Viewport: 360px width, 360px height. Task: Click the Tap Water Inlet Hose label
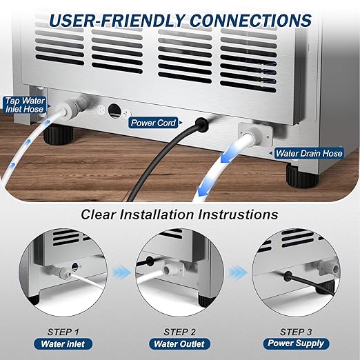click(24, 105)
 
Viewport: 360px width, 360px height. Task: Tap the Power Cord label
click(154, 123)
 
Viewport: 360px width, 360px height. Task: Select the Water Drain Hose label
click(309, 153)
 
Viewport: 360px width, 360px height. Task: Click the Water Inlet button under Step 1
click(63, 344)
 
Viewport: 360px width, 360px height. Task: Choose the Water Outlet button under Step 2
click(179, 344)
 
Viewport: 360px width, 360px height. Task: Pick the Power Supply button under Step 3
click(296, 343)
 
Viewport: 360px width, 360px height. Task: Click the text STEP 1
click(63, 332)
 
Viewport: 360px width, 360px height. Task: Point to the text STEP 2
click(179, 332)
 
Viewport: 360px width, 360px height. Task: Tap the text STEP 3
click(296, 332)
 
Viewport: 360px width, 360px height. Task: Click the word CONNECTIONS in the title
click(250, 21)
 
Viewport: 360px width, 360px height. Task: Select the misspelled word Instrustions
click(238, 214)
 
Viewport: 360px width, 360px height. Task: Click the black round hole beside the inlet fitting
click(114, 111)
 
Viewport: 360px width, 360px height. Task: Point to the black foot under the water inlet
click(59, 136)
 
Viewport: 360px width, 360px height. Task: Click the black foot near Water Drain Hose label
click(302, 177)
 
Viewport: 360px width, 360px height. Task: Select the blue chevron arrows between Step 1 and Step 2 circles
click(121, 272)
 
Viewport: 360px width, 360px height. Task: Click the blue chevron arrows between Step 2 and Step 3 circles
click(238, 272)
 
